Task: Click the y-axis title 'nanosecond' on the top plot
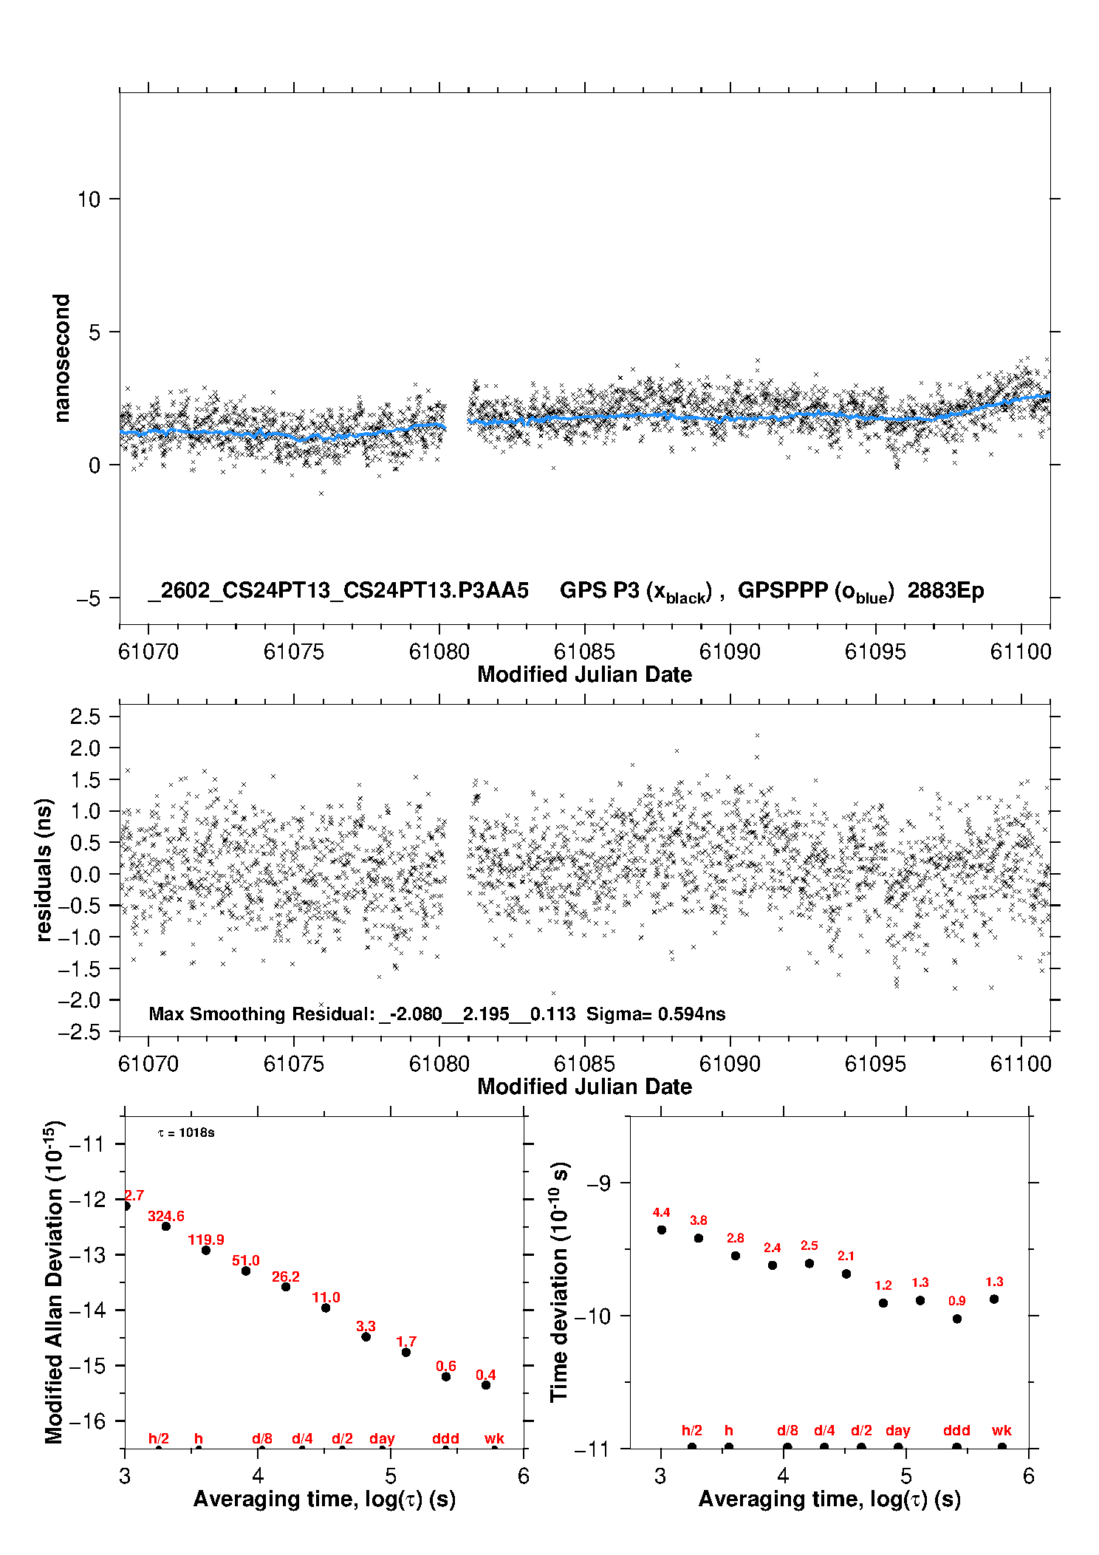62,358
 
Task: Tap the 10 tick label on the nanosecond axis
89,199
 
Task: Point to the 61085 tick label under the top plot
584,652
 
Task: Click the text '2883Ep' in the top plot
945,591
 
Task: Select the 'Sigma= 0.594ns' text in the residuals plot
656,1014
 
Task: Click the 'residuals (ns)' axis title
44,869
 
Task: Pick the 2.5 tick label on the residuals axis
85,716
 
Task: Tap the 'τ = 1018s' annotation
186,1133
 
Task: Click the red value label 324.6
166,1216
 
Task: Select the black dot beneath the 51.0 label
246,1271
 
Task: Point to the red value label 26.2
286,1277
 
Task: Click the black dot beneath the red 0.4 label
486,1385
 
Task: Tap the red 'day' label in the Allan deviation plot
382,1438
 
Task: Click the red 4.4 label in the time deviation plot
661,1212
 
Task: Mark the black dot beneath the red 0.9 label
957,1319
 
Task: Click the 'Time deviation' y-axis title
560,1282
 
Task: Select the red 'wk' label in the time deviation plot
1002,1430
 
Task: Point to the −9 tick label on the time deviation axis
598,1183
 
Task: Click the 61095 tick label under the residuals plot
875,1064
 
